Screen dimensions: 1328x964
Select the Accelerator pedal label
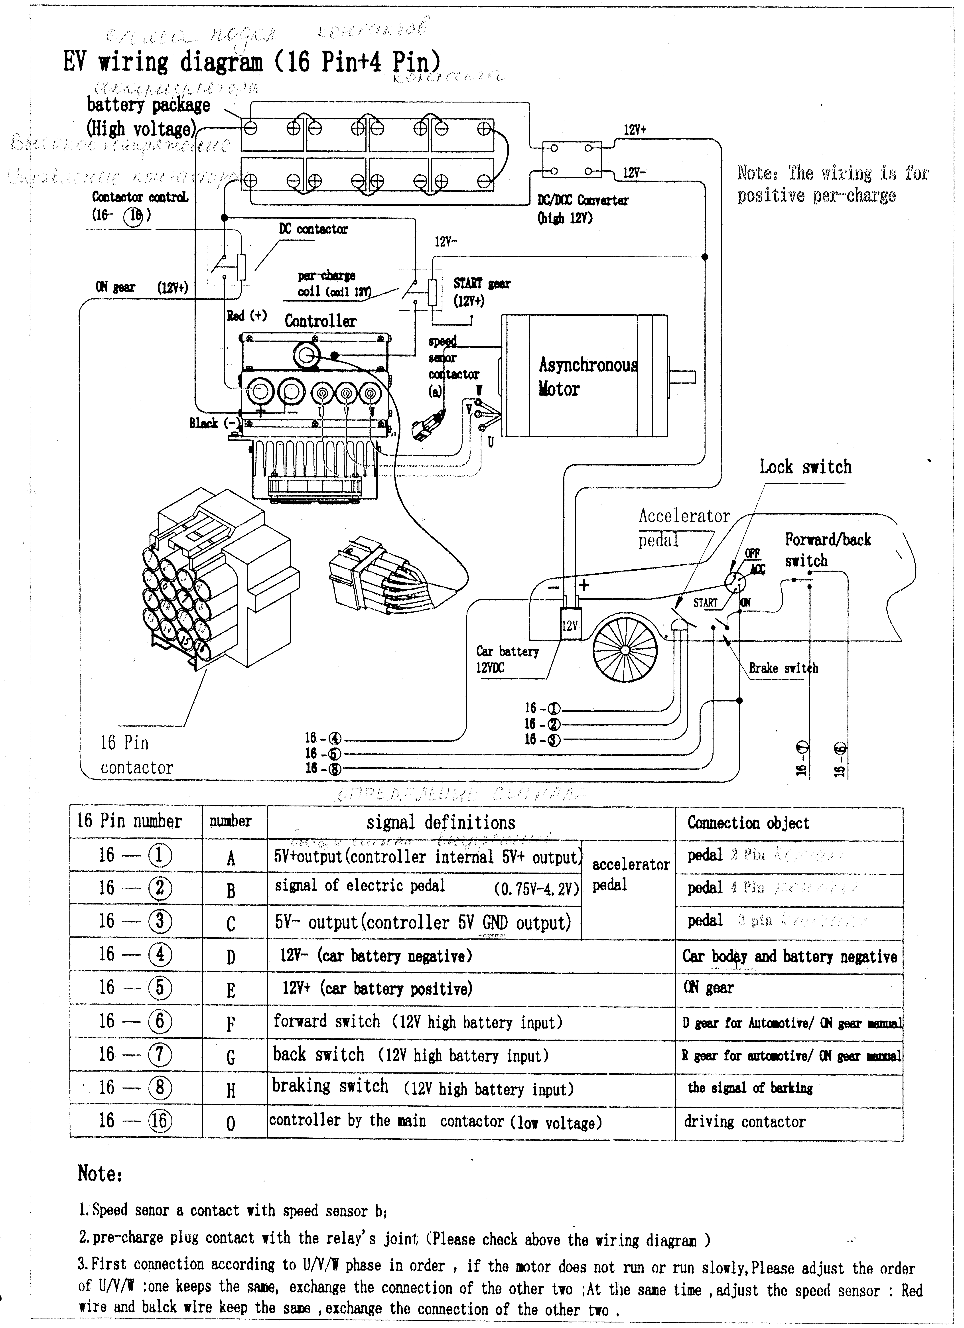pos(683,527)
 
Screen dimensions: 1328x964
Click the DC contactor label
pos(313,229)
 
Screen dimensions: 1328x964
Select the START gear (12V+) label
pos(481,292)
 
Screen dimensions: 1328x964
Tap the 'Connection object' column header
pos(748,823)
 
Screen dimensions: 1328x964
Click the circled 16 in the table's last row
pos(159,1121)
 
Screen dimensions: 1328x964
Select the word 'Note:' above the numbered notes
pos(100,1173)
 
